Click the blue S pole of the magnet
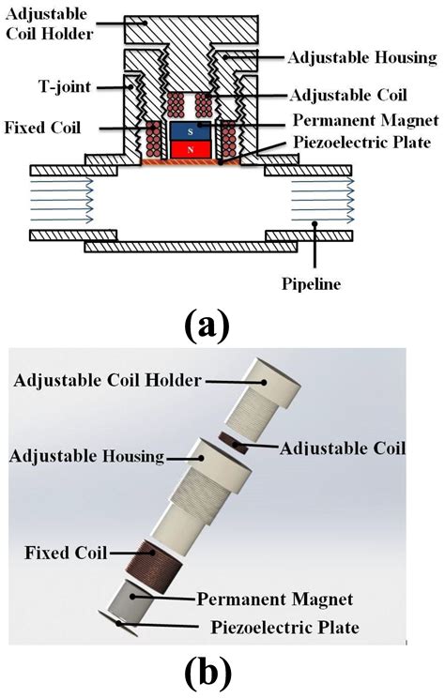(191, 131)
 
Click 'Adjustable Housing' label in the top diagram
(349, 58)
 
